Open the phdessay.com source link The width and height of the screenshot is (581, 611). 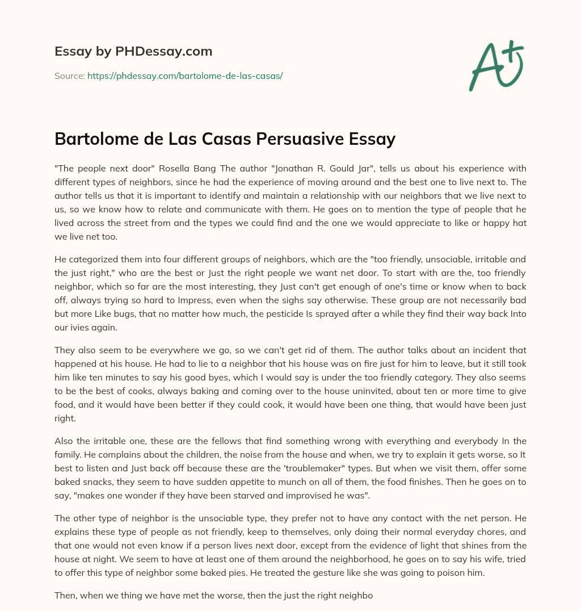click(185, 76)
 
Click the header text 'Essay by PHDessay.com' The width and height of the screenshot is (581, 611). click(133, 52)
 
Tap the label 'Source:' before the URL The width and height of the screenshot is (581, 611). click(69, 76)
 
